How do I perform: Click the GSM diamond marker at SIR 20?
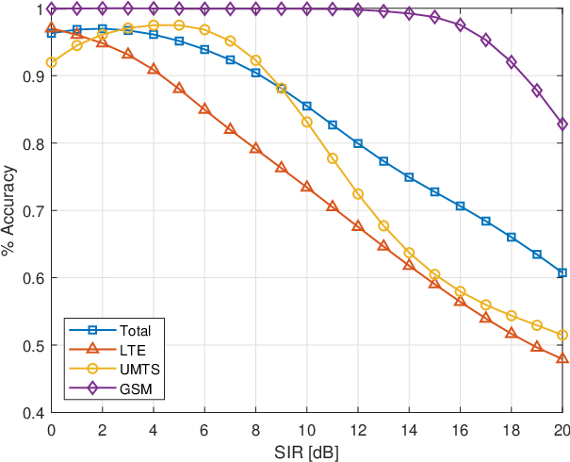coord(562,124)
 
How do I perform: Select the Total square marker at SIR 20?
coord(562,272)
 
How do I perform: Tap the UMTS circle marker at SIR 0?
coord(51,62)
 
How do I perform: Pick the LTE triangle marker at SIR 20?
coord(562,358)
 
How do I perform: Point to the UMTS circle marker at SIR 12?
coord(358,194)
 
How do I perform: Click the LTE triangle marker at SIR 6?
coord(204,108)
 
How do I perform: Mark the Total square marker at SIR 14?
coord(409,177)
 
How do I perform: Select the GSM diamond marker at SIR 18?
coord(512,62)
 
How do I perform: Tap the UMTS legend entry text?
coord(140,370)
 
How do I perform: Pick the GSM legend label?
coord(136,389)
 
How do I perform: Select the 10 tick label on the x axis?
coord(307,431)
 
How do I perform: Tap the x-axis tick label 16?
coord(460,431)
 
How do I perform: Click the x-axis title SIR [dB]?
coord(306,453)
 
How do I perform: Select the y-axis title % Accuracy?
coord(8,210)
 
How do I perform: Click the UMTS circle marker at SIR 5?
coord(179,25)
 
